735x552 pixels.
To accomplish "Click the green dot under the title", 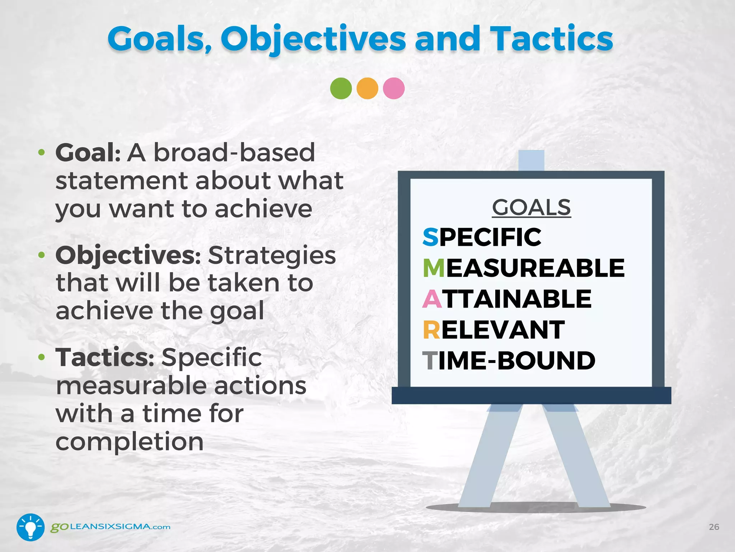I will point(341,88).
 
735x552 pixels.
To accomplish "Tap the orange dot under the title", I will point(367,88).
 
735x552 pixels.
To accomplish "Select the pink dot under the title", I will point(394,88).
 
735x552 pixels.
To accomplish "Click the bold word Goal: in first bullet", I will point(88,153).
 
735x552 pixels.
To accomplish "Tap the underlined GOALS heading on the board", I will point(531,208).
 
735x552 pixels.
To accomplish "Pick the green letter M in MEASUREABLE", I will point(434,268).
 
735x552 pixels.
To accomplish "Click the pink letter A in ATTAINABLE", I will point(432,299).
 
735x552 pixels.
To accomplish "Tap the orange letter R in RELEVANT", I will point(431,330).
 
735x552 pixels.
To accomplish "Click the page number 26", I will point(714,527).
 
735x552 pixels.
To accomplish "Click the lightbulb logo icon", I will point(31,527).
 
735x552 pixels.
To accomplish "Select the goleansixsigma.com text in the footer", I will point(110,527).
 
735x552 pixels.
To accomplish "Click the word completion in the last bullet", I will point(130,442).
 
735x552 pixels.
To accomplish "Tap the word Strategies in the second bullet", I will point(272,255).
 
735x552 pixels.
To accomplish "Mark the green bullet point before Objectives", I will point(42,255).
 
